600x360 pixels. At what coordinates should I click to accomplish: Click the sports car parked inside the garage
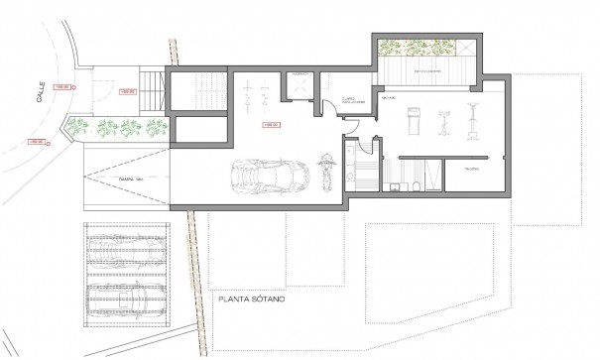(x=260, y=178)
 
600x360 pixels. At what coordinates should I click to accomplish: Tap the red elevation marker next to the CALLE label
(x=60, y=87)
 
